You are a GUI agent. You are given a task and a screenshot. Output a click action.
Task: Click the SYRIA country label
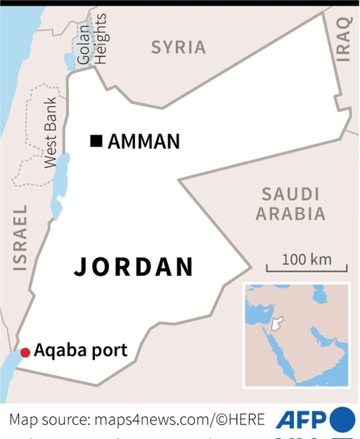pos(178,47)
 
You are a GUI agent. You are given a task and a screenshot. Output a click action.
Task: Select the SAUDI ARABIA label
pos(290,204)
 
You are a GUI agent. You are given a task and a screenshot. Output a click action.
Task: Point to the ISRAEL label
pos(20,238)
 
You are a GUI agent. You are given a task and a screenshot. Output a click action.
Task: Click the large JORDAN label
pos(134,267)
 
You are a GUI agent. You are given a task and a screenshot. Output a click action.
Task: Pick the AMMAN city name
pos(144,142)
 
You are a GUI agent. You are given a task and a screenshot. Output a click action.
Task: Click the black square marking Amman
pos(96,141)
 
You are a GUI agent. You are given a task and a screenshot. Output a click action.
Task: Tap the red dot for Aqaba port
pos(25,352)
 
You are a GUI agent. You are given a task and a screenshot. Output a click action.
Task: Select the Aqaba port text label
pos(80,350)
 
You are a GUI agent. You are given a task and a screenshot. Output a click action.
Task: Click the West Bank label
pos(50,133)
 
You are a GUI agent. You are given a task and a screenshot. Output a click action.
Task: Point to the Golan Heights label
pos(92,39)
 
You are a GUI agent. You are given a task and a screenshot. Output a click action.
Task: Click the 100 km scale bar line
pos(307,271)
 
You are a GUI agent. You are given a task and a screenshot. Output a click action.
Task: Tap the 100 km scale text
pos(307,260)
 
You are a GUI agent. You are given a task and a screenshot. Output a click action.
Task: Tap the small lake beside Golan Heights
pos(69,61)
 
